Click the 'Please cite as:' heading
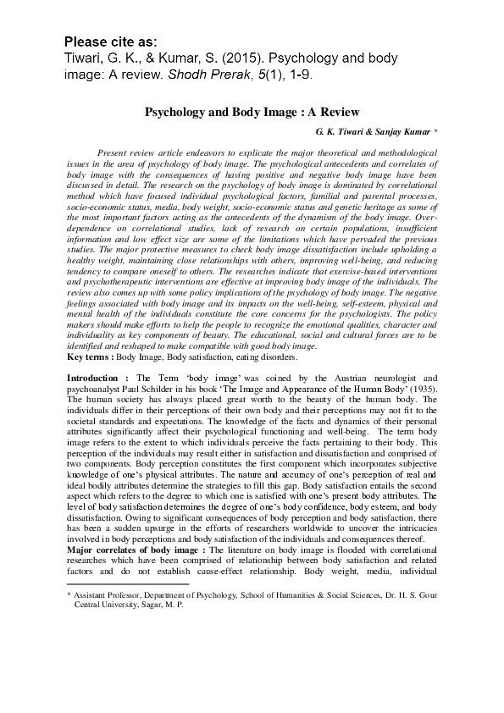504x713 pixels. coord(110,41)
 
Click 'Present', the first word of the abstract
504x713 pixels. coord(114,149)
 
